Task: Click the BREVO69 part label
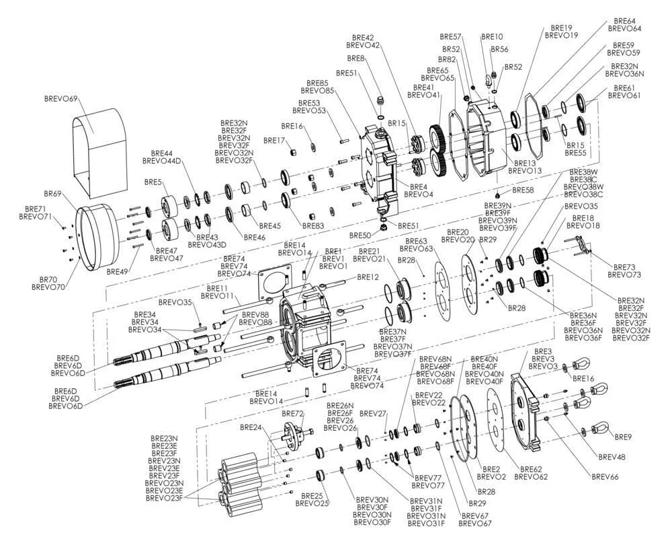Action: [x=60, y=100]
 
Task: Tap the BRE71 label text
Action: [x=36, y=209]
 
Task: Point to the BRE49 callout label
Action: [x=117, y=271]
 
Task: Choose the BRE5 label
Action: [x=153, y=182]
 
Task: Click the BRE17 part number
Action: [x=275, y=141]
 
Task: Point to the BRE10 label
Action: [x=492, y=36]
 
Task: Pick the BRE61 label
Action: [x=624, y=88]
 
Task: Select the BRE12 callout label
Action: [x=368, y=277]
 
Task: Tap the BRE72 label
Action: [x=293, y=414]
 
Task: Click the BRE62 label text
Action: [x=528, y=468]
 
